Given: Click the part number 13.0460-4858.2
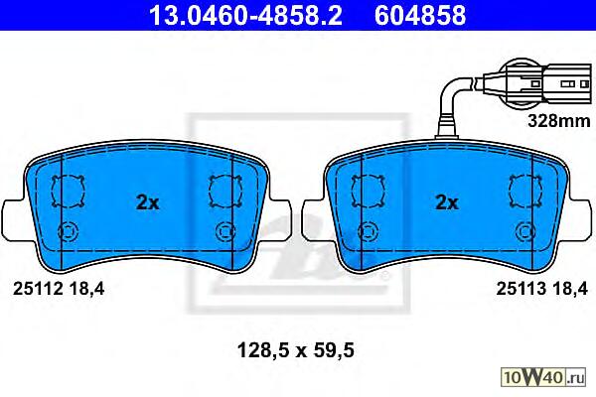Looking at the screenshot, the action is pyautogui.click(x=245, y=15).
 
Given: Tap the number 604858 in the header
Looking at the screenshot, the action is pyautogui.click(x=420, y=15).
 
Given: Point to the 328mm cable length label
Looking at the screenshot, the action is pyautogui.click(x=559, y=121).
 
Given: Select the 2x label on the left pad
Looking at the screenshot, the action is pyautogui.click(x=147, y=202).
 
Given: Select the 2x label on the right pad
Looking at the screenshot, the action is pyautogui.click(x=447, y=202).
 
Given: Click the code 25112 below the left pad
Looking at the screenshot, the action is pyautogui.click(x=38, y=290).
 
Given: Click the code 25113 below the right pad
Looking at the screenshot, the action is pyautogui.click(x=521, y=290).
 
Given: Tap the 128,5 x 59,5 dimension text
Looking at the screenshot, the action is pyautogui.click(x=296, y=350).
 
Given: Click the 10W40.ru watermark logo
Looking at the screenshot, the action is pyautogui.click(x=543, y=378).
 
